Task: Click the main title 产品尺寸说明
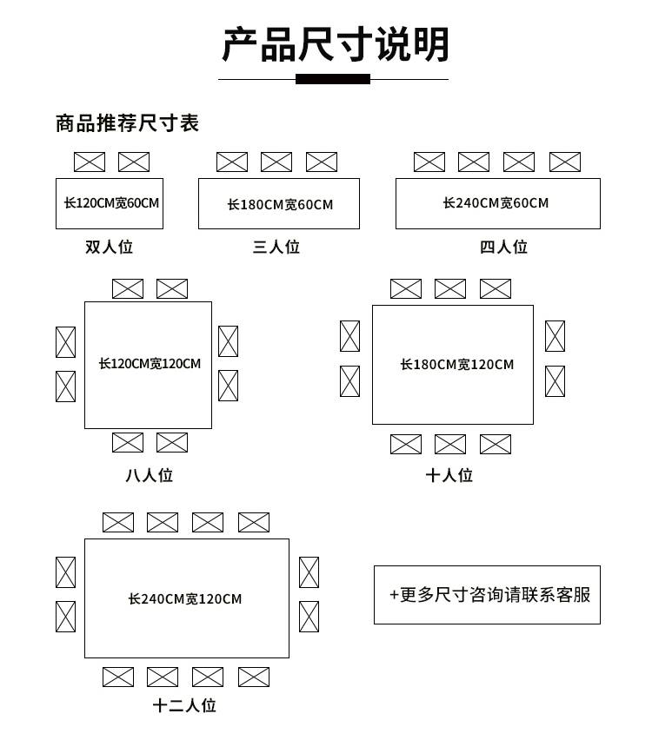(336, 44)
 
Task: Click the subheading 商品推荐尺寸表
(127, 123)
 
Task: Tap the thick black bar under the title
(333, 79)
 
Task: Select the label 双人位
(110, 247)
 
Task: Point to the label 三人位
(276, 247)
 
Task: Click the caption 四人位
(503, 247)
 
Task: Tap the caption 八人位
(150, 475)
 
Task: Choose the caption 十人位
(449, 475)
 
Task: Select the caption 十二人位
(184, 705)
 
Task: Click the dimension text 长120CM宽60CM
(111, 203)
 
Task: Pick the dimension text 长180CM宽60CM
(280, 204)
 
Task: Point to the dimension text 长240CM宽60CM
(496, 203)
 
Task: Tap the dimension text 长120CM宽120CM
(150, 363)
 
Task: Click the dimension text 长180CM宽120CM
(457, 364)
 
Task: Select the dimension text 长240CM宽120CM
(184, 599)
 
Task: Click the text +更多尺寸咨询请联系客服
(490, 595)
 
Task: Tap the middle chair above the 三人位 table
(276, 162)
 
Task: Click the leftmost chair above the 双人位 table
(90, 162)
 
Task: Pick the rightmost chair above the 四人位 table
(565, 162)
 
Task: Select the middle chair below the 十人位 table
(450, 444)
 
